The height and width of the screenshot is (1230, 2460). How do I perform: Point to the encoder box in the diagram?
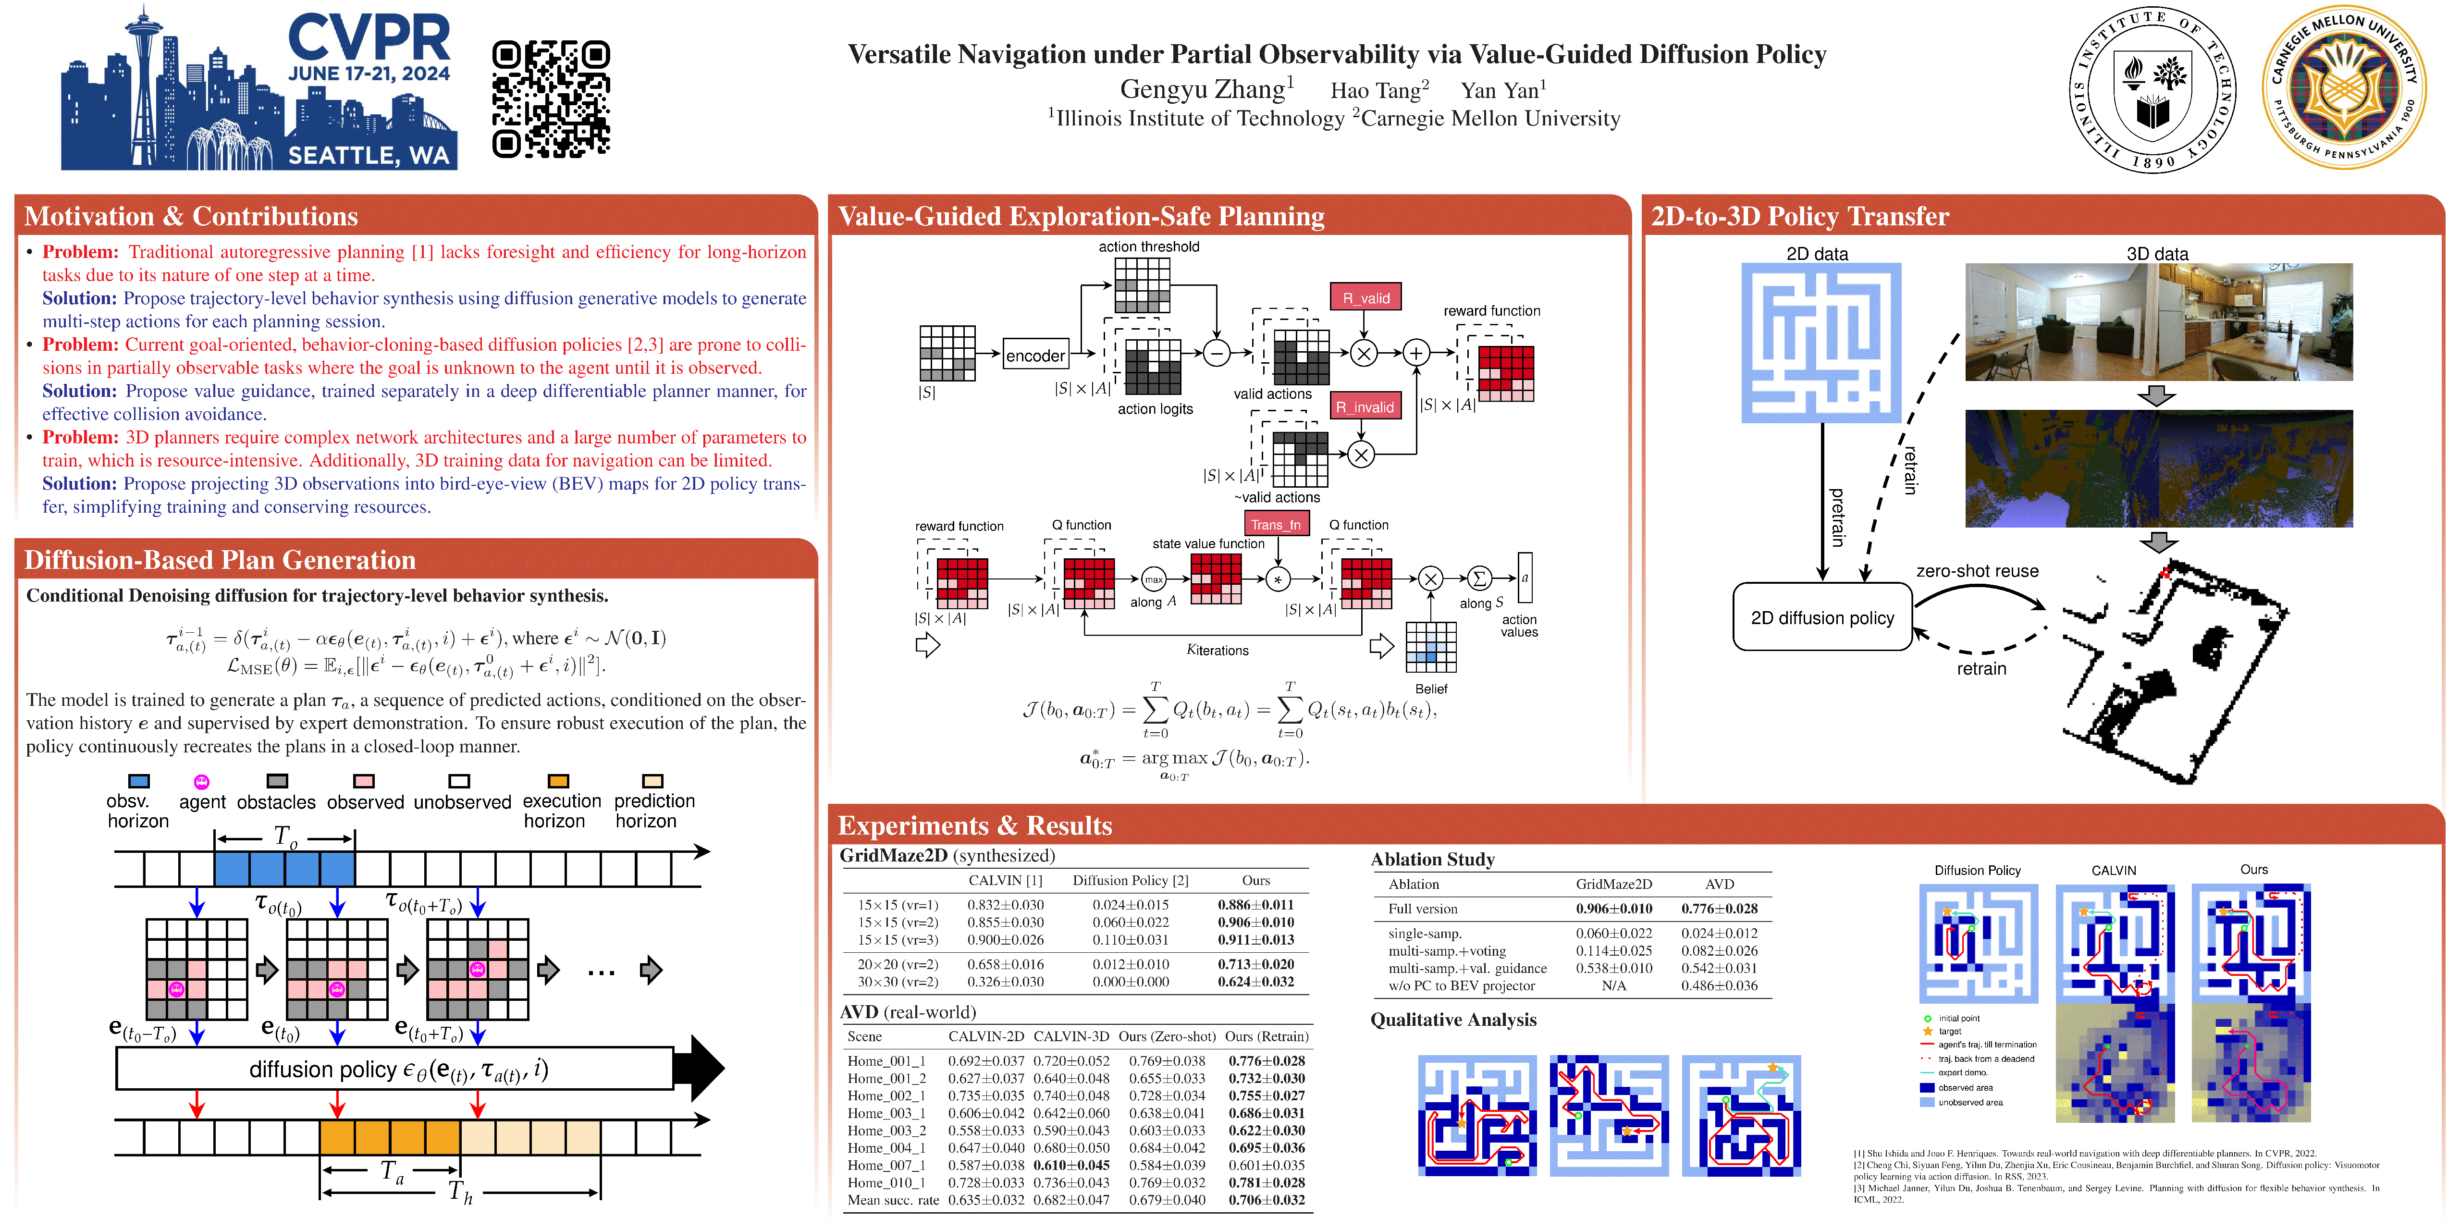point(1035,355)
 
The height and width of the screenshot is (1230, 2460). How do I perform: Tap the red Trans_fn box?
point(1276,524)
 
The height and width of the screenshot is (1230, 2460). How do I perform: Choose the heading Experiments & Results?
point(974,825)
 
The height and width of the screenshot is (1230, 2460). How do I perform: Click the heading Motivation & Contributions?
point(191,217)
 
